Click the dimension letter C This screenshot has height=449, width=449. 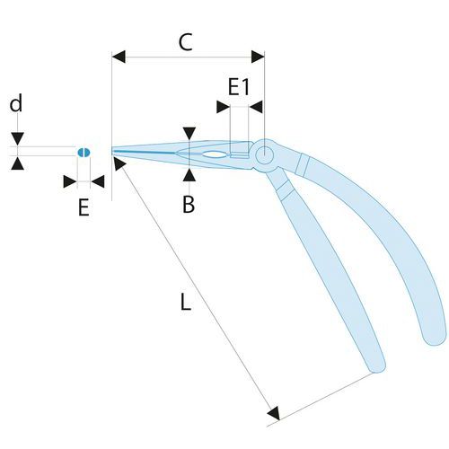185,42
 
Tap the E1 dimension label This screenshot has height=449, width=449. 239,87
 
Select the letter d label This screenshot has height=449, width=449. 16,103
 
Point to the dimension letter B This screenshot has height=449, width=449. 189,205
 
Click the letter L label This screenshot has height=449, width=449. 186,302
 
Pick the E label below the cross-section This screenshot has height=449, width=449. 84,207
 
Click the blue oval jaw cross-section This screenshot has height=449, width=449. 84,153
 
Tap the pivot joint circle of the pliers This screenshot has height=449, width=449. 264,155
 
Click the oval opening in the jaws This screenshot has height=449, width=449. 213,154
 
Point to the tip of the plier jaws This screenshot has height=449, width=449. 112,151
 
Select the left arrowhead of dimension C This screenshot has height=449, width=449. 119,57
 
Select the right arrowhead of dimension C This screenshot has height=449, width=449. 258,57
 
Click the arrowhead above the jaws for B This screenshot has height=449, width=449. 189,133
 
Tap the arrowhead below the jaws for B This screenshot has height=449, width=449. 189,175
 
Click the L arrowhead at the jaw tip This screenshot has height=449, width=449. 119,163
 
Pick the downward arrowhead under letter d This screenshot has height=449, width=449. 18,139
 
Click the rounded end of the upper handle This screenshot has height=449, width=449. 435,338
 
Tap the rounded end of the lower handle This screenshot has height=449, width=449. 376,366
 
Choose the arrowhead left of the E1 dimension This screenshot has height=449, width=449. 223,107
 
